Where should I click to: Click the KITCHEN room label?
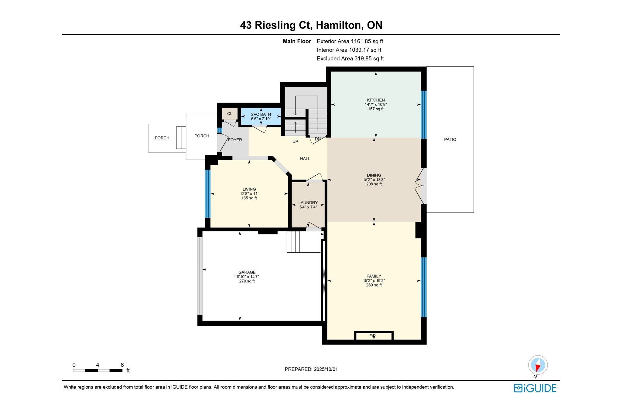(376, 100)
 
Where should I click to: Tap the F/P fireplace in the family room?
(374, 336)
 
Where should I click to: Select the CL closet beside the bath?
(230, 114)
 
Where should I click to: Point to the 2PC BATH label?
(261, 114)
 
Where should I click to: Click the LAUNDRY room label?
(308, 203)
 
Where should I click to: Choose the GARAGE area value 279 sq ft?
(247, 281)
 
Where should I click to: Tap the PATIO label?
(450, 140)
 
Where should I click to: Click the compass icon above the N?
(538, 365)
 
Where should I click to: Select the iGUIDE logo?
(535, 388)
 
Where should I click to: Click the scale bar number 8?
(122, 365)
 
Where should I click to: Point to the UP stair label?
(295, 141)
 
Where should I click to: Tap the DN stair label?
(318, 139)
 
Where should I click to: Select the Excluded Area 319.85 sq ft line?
(350, 59)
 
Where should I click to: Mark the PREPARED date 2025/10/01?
(326, 369)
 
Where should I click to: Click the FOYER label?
(235, 140)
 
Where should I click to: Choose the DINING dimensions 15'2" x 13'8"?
(374, 180)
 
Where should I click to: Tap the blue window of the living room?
(208, 194)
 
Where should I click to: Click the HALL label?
(305, 159)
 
